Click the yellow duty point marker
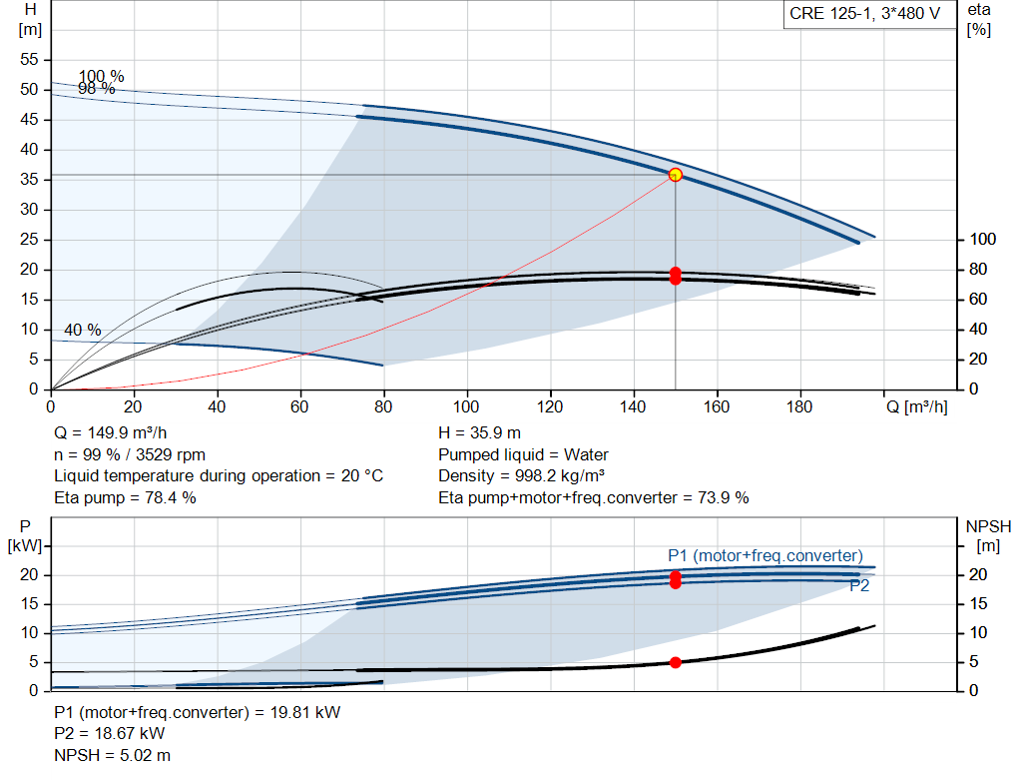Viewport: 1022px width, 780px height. coord(676,175)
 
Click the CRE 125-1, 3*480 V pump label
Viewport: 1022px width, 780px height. coord(865,14)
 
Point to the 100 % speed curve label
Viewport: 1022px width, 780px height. coord(101,76)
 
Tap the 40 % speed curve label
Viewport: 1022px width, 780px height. coord(83,330)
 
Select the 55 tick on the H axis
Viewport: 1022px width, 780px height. coord(29,59)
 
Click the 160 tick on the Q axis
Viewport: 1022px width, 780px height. coord(717,406)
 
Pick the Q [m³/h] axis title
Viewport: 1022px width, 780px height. coord(917,406)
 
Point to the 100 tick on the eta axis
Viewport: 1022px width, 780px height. coord(983,240)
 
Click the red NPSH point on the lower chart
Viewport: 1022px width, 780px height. coord(676,662)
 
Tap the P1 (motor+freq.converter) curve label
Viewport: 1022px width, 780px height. coord(766,555)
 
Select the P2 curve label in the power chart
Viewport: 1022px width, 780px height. coord(859,585)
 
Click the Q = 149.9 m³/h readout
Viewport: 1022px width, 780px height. coord(111,433)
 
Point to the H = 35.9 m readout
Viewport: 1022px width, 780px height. coord(480,433)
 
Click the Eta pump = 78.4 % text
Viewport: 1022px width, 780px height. coord(125,497)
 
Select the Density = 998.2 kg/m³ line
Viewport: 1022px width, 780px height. coord(521,475)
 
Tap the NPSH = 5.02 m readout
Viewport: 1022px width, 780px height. coord(112,755)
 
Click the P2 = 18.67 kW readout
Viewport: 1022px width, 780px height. coord(110,733)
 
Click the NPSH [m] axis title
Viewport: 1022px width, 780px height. coord(988,536)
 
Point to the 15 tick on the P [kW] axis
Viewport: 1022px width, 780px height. coord(29,604)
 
